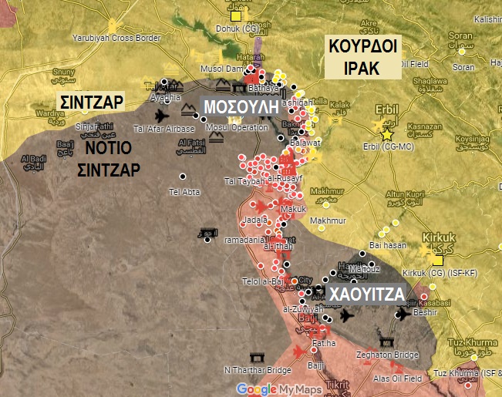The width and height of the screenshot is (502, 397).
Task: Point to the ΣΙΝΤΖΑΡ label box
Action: [x=92, y=101]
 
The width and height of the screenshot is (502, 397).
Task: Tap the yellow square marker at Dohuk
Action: [x=236, y=15]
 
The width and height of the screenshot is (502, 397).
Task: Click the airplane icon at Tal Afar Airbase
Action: [x=161, y=116]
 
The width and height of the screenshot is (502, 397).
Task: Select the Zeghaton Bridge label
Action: [x=386, y=355]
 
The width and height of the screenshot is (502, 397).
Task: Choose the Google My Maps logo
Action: [x=271, y=389]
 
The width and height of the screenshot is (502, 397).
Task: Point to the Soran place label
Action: [x=461, y=35]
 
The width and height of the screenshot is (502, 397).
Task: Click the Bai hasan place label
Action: [x=388, y=245]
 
